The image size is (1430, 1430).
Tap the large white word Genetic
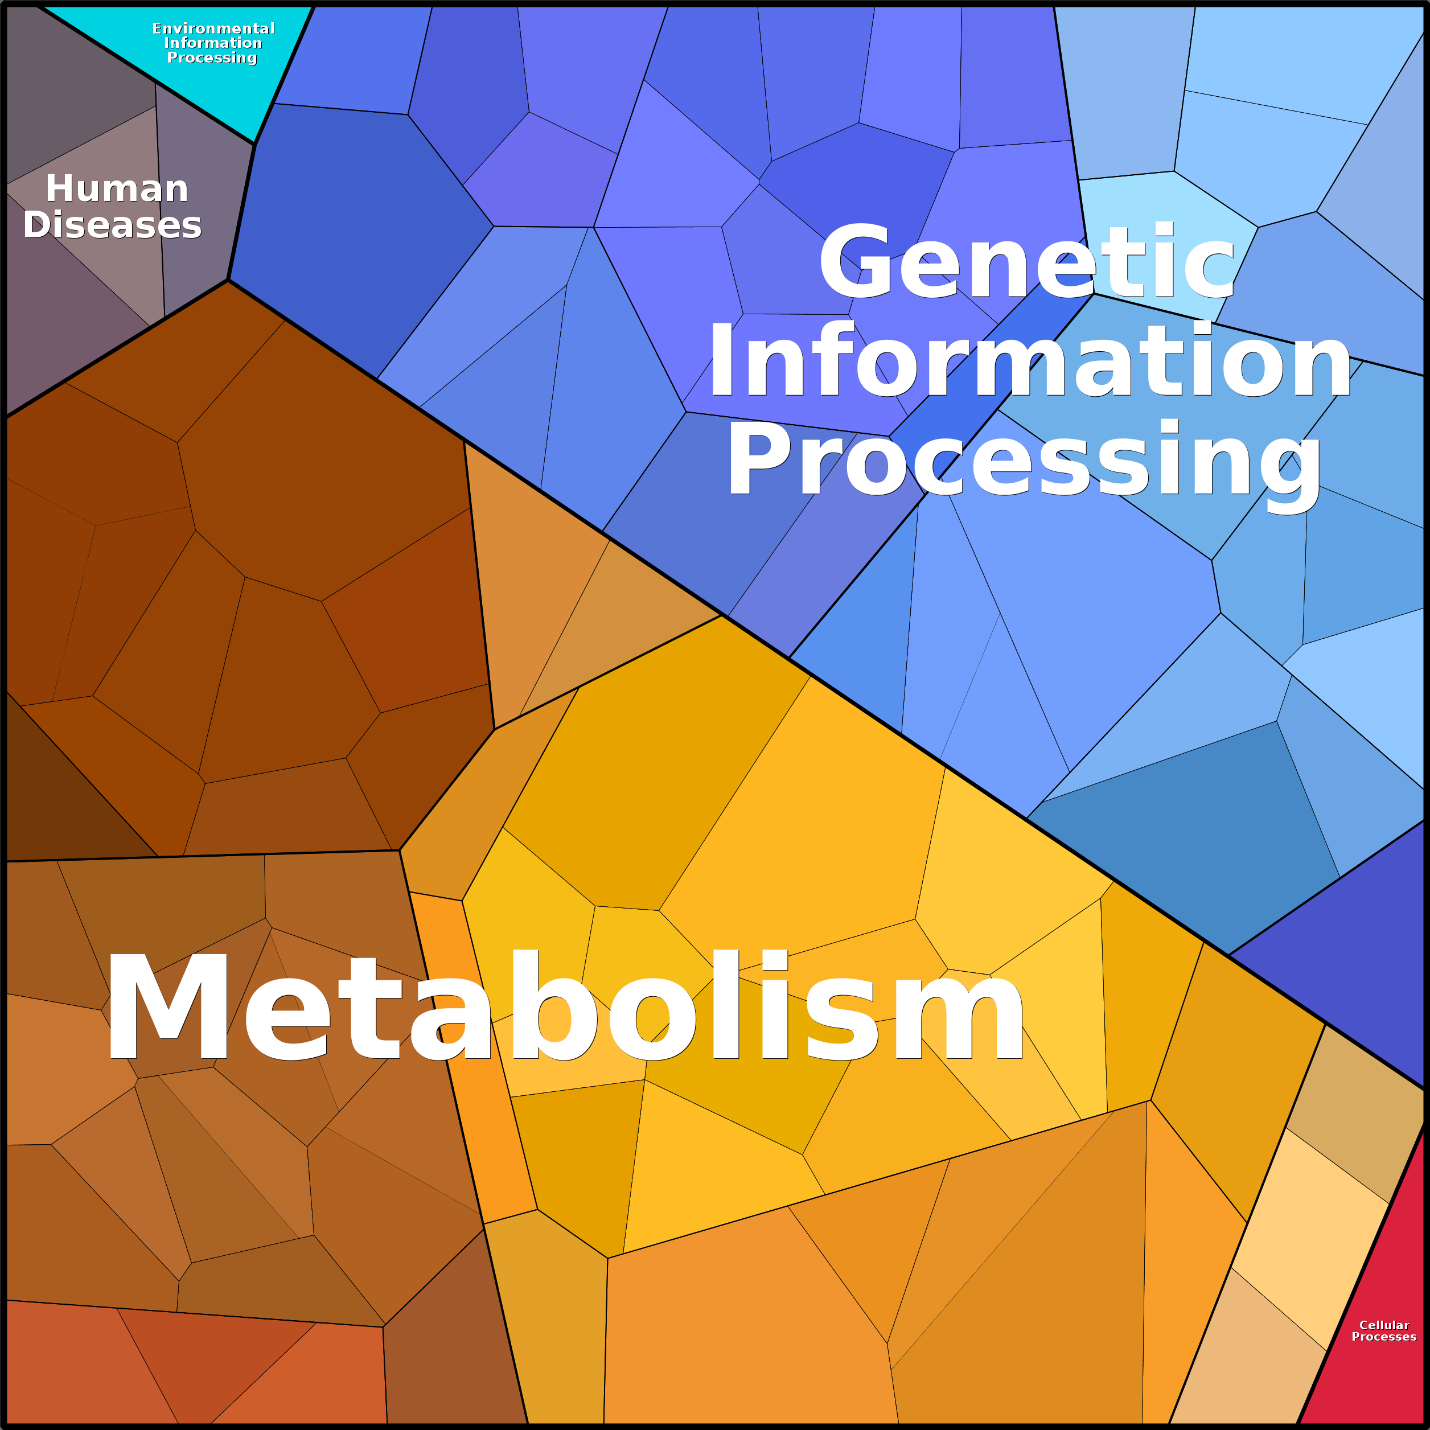coord(1028,263)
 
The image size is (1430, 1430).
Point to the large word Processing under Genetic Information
coord(1024,461)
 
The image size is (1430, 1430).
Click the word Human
coord(117,189)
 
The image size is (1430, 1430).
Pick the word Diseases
coord(113,225)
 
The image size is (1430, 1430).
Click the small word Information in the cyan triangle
coord(213,43)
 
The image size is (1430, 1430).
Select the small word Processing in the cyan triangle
coord(212,57)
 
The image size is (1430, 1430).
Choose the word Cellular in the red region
coord(1384,1325)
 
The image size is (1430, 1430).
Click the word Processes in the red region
coord(1384,1337)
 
